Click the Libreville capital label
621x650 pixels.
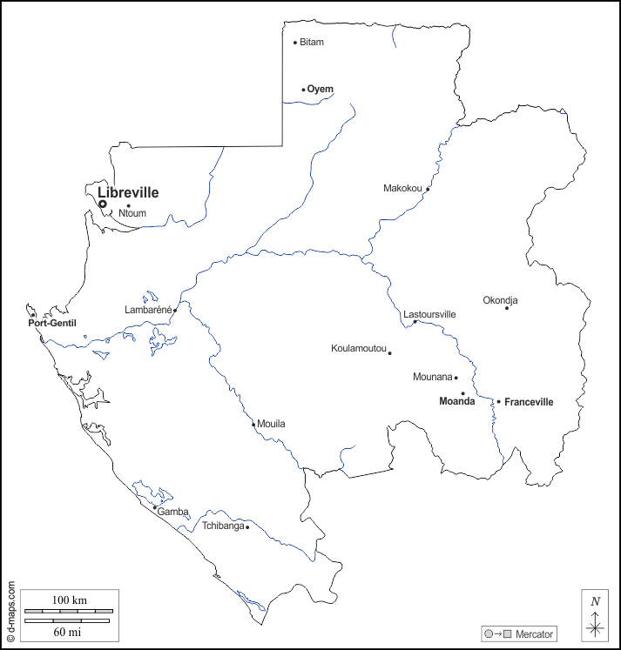tap(128, 192)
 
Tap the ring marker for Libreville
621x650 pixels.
tap(102, 204)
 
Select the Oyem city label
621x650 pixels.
tap(320, 89)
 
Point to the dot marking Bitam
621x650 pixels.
tap(295, 42)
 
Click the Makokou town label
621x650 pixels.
tap(402, 188)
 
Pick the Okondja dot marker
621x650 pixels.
tap(507, 307)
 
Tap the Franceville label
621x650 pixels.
tap(529, 402)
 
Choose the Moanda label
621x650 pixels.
tap(456, 401)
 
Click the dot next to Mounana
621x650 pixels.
tap(456, 378)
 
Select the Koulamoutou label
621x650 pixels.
tap(358, 349)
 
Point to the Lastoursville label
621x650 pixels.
tap(430, 314)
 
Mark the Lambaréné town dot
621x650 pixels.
tap(175, 310)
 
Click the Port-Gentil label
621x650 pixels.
tap(52, 324)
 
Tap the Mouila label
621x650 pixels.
tap(271, 424)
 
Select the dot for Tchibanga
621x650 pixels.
tap(247, 526)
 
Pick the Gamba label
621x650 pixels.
tap(172, 512)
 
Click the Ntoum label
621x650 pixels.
tap(132, 212)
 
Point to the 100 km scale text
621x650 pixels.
tap(69, 600)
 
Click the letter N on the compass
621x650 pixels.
tap(595, 601)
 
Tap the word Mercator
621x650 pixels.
tap(534, 633)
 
